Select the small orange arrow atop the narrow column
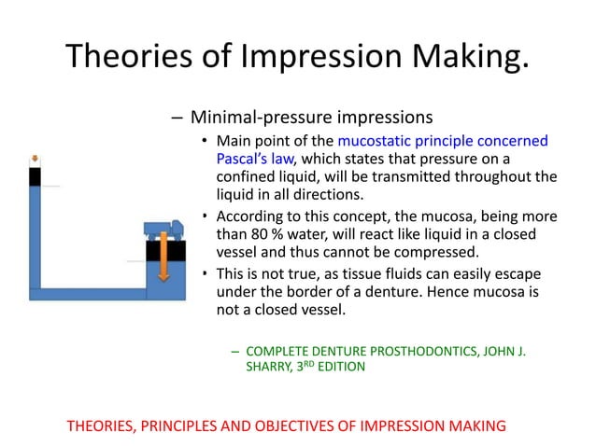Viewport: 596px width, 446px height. tap(35, 158)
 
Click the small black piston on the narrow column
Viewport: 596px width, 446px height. tap(35, 175)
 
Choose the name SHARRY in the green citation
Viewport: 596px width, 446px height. tap(268, 368)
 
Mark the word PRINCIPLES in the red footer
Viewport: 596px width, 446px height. tap(183, 425)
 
